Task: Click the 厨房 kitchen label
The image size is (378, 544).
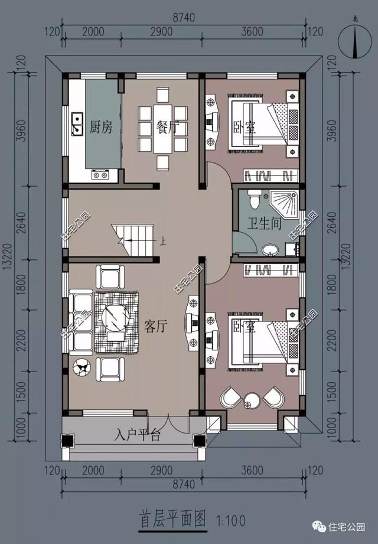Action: [101, 127]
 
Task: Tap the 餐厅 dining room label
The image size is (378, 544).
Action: [167, 127]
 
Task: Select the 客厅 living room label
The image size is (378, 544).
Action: [156, 326]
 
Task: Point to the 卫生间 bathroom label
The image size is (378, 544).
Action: [264, 223]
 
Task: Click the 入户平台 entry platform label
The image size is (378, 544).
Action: [138, 435]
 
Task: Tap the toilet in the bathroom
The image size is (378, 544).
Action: [254, 199]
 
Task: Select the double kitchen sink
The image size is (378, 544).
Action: [77, 124]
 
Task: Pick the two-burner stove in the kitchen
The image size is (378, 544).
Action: [100, 175]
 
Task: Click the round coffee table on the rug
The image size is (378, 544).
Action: [115, 317]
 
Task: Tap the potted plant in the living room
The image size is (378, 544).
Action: [82, 367]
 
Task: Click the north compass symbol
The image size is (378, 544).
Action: [355, 43]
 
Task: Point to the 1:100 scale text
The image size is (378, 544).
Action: [231, 520]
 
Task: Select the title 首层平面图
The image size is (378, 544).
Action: [172, 519]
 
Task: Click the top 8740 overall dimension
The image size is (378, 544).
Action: [184, 17]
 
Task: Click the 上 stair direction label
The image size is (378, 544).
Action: [162, 241]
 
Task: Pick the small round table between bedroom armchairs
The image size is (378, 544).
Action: [252, 400]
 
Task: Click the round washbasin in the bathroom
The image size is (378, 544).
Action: [269, 249]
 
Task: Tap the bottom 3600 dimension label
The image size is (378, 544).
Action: [252, 470]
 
